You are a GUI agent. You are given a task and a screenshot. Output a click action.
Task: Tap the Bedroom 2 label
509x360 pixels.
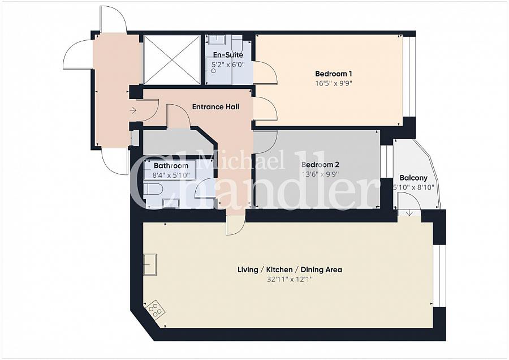coord(320,165)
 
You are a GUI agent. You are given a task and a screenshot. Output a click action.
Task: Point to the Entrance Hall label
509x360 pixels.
coord(215,106)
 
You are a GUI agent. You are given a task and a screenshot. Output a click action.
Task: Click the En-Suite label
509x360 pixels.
coord(228,55)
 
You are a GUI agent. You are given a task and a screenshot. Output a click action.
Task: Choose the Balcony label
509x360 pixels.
coord(412,177)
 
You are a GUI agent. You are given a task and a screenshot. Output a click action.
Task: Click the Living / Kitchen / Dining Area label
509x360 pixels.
coord(290,269)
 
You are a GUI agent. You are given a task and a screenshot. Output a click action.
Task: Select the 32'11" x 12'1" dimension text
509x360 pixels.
coord(290,280)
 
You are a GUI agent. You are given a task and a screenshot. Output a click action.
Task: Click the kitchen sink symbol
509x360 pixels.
coord(150,264)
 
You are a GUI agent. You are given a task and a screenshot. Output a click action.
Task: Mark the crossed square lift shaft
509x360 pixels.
coord(172,59)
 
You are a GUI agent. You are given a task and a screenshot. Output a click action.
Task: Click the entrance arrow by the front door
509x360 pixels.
coord(133,110)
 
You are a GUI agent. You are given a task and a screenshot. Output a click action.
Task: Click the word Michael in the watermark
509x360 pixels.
coord(240,162)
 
